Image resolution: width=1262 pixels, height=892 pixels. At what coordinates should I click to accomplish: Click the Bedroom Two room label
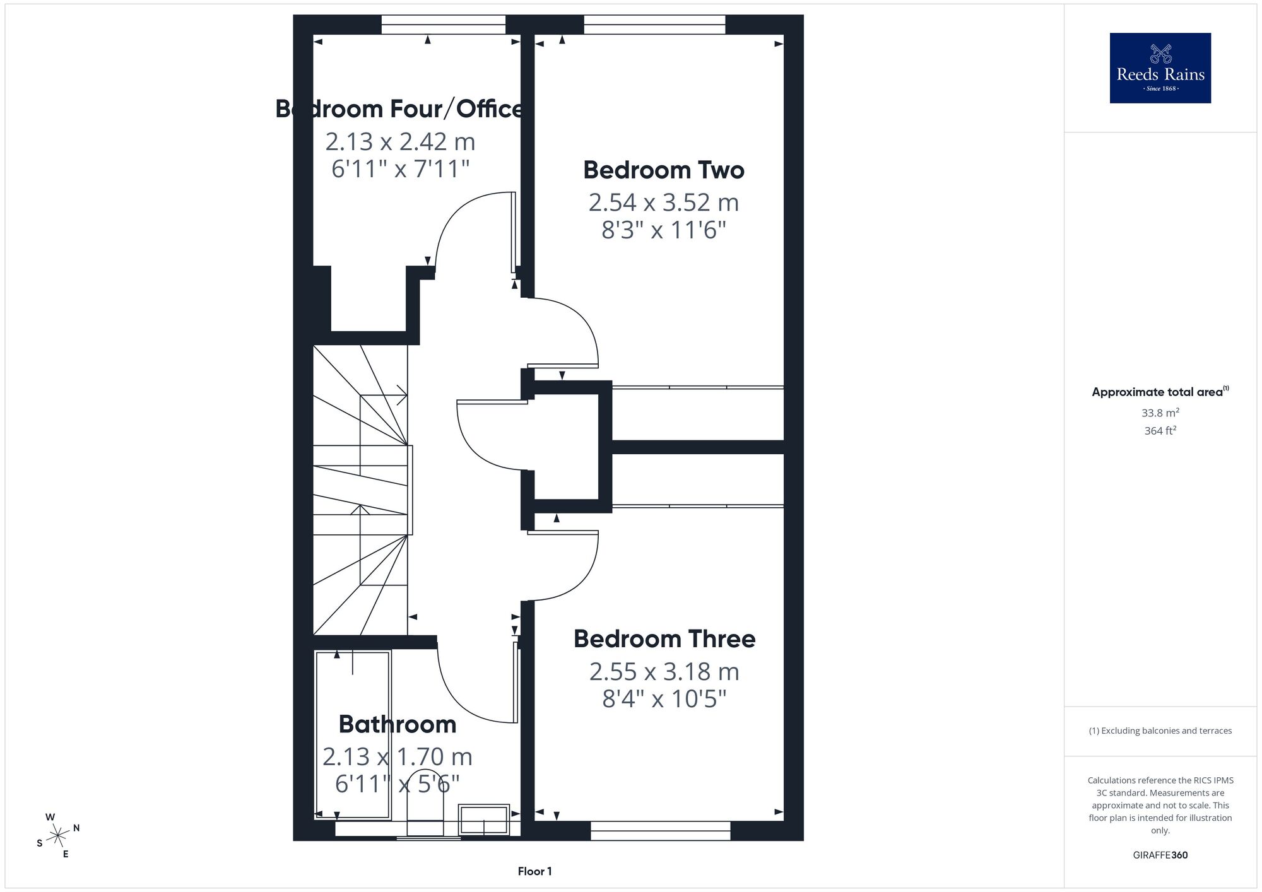[664, 170]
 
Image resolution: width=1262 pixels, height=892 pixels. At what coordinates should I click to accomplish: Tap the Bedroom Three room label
[664, 639]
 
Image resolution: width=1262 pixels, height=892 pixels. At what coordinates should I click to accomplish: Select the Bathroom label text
[398, 724]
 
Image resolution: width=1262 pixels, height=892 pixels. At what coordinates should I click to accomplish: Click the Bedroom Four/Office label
[399, 109]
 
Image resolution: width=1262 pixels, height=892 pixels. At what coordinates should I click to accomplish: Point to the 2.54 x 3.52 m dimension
[664, 202]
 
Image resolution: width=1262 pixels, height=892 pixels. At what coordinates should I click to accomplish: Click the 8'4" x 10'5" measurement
[664, 699]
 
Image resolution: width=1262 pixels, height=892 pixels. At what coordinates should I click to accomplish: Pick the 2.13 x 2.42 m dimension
[400, 142]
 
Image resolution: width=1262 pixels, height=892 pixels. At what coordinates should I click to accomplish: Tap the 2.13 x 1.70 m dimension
[398, 756]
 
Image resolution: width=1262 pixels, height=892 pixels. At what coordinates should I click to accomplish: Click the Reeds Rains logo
[1160, 68]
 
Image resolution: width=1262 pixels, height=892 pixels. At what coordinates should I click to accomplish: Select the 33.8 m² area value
[1160, 413]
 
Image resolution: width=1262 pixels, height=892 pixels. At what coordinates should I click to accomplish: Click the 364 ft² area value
[1160, 431]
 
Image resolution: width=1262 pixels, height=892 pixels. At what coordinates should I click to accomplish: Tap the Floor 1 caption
[535, 872]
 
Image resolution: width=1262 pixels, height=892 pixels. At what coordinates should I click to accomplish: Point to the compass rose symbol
[57, 836]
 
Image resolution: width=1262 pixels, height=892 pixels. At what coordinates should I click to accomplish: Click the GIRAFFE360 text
[1160, 855]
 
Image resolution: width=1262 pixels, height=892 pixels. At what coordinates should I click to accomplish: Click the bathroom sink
[484, 819]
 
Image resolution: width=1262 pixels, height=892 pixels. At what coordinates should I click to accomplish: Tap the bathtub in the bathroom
[353, 735]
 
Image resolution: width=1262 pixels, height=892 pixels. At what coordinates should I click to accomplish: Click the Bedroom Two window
[655, 25]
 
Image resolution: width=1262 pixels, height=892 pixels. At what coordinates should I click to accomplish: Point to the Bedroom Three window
[661, 831]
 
